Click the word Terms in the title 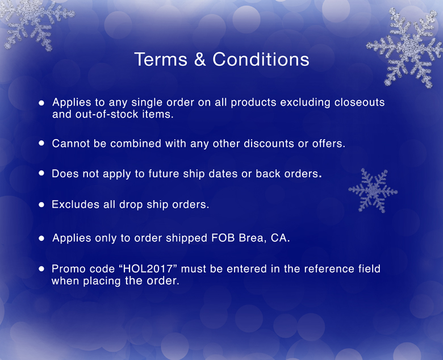coord(161,59)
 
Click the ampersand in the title coord(200,59)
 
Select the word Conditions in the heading coord(261,59)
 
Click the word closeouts coord(360,102)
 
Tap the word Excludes coord(75,204)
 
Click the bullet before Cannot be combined coord(41,143)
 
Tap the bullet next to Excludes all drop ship coord(41,204)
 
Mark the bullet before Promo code coord(41,269)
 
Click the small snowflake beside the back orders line coord(373,191)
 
